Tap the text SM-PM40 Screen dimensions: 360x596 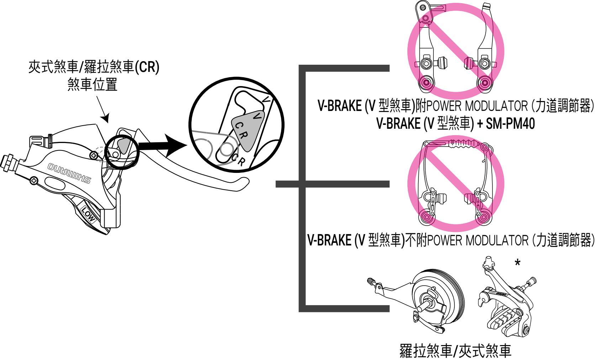(510, 124)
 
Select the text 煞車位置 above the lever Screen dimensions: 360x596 (93, 85)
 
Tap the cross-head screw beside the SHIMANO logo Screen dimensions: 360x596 (34, 180)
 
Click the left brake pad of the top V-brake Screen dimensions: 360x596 (442, 63)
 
